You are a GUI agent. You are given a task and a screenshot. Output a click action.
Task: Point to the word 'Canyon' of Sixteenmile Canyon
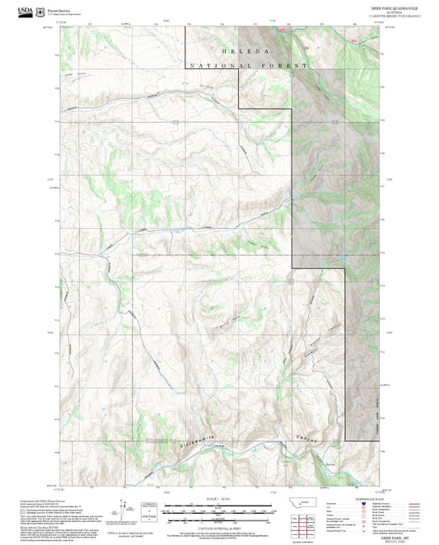coord(309,439)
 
